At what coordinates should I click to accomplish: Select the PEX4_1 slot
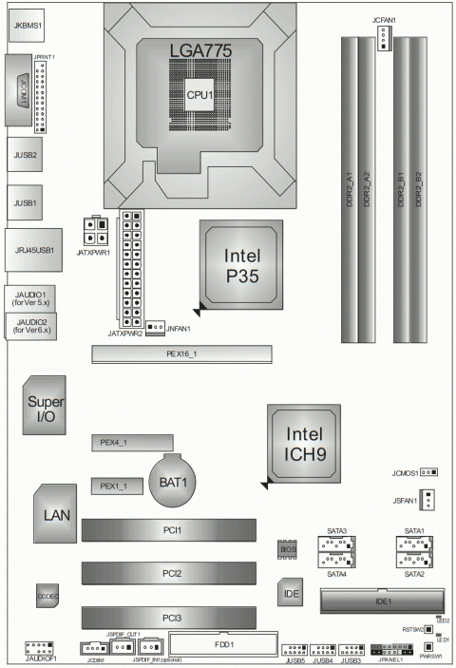[134, 443]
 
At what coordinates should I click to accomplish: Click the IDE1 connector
[381, 602]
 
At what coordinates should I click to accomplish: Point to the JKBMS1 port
[26, 26]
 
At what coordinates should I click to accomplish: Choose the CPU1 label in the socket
[199, 95]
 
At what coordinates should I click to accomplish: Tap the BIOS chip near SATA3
[289, 551]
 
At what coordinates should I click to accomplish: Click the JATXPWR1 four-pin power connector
[96, 231]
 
